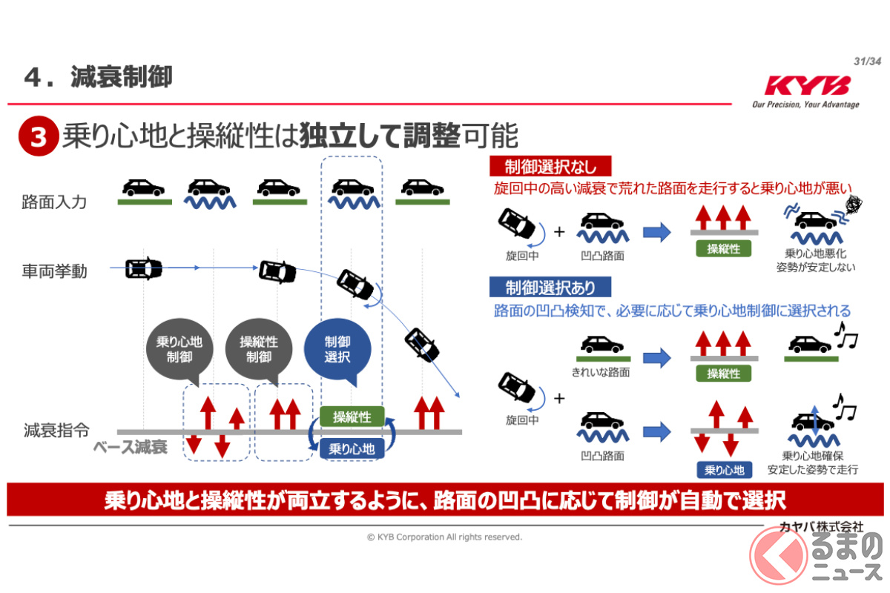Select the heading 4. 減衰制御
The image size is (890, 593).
coord(99,77)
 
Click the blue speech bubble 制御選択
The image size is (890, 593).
coord(337,349)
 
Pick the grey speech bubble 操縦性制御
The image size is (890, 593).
coord(258,349)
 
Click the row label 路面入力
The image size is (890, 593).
coord(54,201)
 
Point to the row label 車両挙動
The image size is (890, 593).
coord(54,271)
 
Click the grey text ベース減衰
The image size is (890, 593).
coord(131,447)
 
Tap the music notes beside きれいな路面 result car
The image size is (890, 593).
coord(845,337)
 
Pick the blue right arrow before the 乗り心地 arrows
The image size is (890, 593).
coord(656,431)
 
